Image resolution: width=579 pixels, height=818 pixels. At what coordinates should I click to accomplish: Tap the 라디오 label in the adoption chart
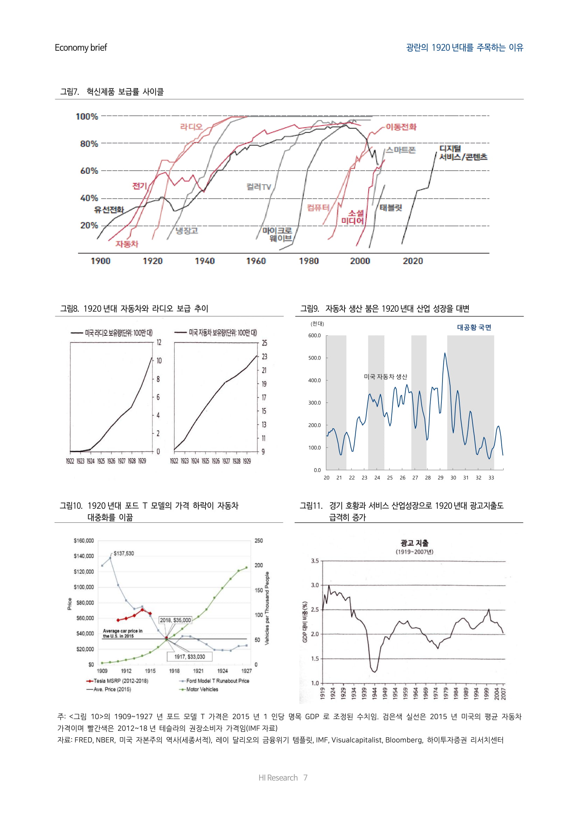(x=191, y=127)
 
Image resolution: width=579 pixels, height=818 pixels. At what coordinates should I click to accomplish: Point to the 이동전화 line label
(x=401, y=127)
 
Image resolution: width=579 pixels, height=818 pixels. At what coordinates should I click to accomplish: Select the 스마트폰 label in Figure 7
(x=401, y=150)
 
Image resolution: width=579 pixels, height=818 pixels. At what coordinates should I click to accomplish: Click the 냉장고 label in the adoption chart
(x=187, y=230)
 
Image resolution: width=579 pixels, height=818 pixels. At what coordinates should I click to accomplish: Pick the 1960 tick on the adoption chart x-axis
(x=256, y=261)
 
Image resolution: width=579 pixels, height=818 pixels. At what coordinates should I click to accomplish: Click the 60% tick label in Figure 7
(x=89, y=171)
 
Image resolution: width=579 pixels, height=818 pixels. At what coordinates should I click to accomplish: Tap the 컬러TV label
(x=259, y=187)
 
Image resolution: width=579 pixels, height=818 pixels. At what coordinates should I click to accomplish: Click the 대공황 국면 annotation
(x=474, y=327)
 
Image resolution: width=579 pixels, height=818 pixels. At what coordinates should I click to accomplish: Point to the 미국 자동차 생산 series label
(x=385, y=377)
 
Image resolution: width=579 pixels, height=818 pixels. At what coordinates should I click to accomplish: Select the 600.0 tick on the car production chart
(x=314, y=336)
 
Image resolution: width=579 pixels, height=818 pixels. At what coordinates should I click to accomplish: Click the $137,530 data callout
(x=124, y=553)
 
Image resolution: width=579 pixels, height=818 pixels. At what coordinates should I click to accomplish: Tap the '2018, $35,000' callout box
(x=175, y=620)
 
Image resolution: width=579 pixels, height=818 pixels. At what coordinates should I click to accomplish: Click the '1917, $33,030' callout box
(x=189, y=657)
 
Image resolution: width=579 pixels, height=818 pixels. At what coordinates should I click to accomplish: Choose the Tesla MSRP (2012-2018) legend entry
(x=118, y=681)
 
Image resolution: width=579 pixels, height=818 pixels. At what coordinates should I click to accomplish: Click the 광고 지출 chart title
(x=414, y=543)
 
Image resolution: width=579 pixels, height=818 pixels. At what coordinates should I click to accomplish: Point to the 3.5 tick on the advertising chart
(x=315, y=561)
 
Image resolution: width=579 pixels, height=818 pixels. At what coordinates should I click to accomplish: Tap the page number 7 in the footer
(x=305, y=778)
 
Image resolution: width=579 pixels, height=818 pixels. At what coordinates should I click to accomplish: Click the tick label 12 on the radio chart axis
(x=159, y=342)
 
